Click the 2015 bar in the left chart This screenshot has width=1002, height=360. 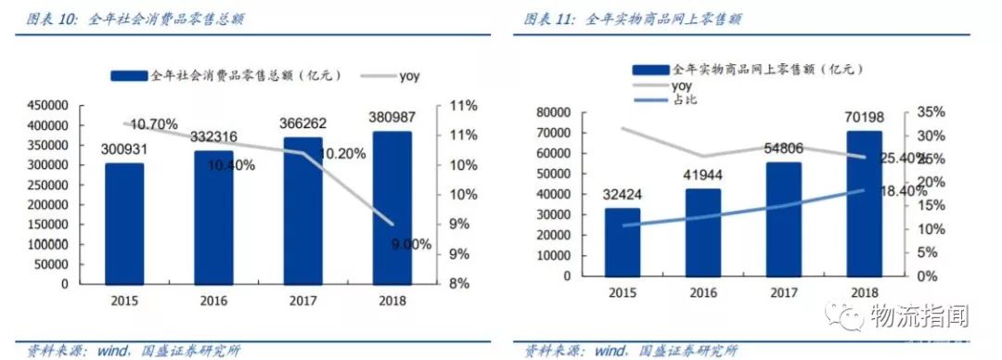[124, 223]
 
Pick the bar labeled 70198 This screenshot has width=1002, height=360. [865, 203]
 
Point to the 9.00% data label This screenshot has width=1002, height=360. [411, 245]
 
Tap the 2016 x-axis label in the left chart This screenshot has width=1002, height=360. [212, 301]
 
